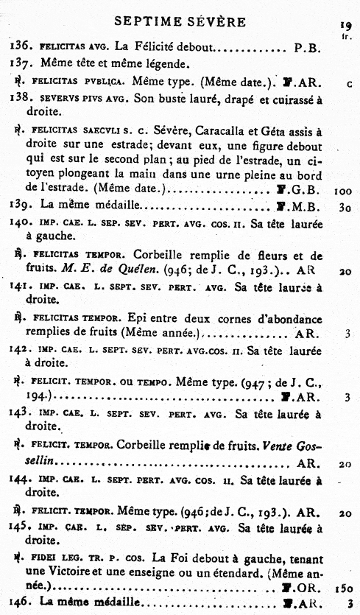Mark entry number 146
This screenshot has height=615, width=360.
coord(20,602)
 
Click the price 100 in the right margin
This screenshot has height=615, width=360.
coord(342,190)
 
